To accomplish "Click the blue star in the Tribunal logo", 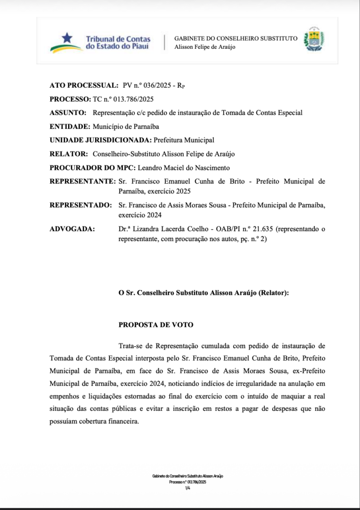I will [67, 38].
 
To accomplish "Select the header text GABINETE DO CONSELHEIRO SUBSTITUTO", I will [236, 38].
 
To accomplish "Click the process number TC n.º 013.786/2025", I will [123, 99].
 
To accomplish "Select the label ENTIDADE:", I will [70, 126].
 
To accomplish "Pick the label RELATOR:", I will [69, 154].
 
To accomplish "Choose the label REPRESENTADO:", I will [81, 205].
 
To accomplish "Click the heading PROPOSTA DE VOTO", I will [156, 325].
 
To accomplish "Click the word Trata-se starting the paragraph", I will [132, 346].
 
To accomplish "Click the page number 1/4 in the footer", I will [188, 488].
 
